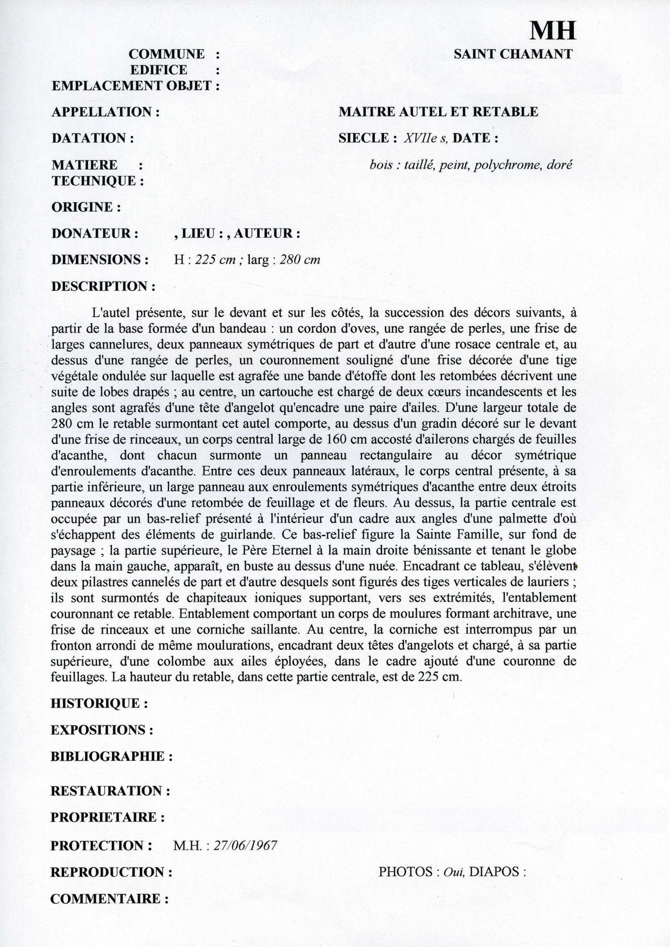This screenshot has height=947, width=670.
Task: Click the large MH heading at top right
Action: pos(552,31)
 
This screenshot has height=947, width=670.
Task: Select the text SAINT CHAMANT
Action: pos(513,54)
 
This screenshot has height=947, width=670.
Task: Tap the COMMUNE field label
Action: pos(167,54)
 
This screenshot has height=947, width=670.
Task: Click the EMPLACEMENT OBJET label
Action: pos(132,86)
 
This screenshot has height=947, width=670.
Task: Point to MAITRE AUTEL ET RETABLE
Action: pos(438,112)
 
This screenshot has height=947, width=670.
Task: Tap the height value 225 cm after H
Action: pos(216,260)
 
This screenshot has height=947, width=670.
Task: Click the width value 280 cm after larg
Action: pos(300,260)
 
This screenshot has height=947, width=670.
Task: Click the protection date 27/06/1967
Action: pos(245,846)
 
